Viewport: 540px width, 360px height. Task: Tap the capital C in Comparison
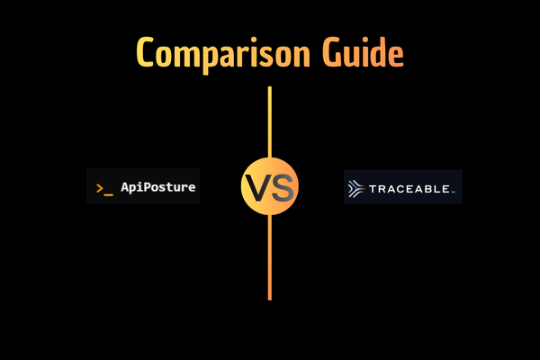coord(147,53)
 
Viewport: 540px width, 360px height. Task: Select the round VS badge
coord(269,188)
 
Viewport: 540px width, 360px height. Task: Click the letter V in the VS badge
coord(257,188)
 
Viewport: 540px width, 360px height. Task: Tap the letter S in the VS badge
coord(281,188)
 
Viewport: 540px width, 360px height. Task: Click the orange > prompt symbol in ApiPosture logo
coord(100,187)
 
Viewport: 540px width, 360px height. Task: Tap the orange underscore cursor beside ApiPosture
coord(109,192)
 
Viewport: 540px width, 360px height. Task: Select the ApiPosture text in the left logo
coord(157,187)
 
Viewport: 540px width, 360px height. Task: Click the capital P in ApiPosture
coord(143,187)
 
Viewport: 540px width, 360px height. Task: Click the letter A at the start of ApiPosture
coord(123,187)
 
